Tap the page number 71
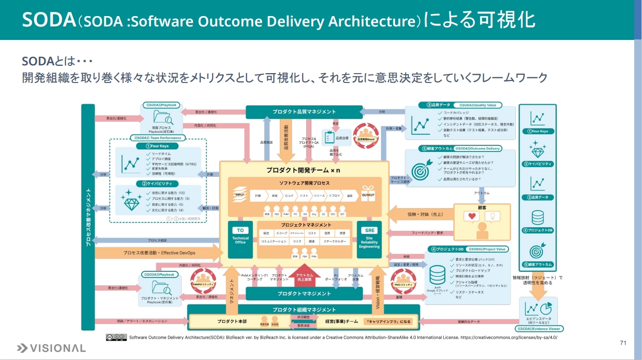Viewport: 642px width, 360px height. pos(623,343)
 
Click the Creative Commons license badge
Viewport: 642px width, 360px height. pos(116,337)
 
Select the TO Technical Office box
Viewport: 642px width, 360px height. pos(240,237)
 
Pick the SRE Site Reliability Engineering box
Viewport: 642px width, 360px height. pos(370,238)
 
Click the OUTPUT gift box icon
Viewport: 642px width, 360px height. pos(368,193)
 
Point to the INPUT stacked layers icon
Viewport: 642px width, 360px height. pos(240,193)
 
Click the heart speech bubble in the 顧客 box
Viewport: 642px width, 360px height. pos(472,216)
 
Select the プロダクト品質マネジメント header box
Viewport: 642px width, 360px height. pos(304,112)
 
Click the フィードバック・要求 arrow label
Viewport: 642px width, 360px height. pos(428,233)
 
